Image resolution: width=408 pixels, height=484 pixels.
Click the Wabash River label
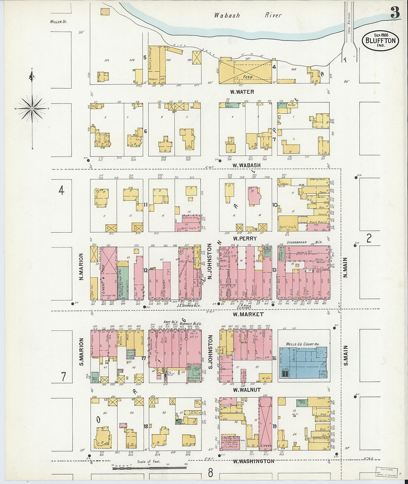(x=247, y=15)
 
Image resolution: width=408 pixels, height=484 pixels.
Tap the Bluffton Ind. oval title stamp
(x=380, y=41)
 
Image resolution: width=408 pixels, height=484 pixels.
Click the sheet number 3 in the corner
(x=395, y=13)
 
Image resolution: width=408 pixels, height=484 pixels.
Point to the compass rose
(x=32, y=108)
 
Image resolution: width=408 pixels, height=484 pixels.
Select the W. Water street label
(x=242, y=92)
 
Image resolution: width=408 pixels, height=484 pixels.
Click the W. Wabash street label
(x=246, y=165)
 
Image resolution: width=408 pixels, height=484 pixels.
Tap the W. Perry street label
(x=244, y=238)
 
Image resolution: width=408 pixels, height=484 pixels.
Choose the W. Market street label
(x=248, y=314)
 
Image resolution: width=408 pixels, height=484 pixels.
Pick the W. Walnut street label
(x=247, y=390)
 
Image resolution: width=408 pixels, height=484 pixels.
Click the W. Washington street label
(x=253, y=461)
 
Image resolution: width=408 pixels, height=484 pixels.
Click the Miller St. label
(x=58, y=22)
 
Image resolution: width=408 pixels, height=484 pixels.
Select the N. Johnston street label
(x=210, y=261)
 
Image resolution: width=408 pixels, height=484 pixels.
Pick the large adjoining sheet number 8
(x=211, y=473)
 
